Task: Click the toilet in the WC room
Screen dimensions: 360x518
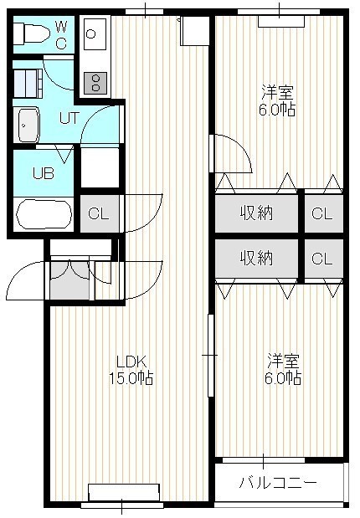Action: [x=31, y=33]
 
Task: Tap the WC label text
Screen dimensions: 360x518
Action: [x=61, y=34]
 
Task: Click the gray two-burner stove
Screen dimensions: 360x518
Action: [x=95, y=83]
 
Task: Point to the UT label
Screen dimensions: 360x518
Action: [x=69, y=118]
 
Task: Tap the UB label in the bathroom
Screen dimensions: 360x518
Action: [x=44, y=173]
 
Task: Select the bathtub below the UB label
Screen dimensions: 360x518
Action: [x=44, y=214]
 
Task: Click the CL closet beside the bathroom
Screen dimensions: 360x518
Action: [x=100, y=213]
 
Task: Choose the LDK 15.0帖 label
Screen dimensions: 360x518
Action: [x=131, y=370]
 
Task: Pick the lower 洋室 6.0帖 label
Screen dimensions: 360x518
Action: [x=283, y=369]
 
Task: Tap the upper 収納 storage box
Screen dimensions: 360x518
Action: [x=256, y=213]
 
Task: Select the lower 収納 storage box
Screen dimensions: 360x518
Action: [x=256, y=258]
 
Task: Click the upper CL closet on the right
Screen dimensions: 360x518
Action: [x=324, y=213]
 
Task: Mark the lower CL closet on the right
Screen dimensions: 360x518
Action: [x=324, y=258]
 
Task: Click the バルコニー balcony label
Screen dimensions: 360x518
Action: [x=278, y=484]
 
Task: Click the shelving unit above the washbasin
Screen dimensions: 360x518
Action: [x=28, y=84]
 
